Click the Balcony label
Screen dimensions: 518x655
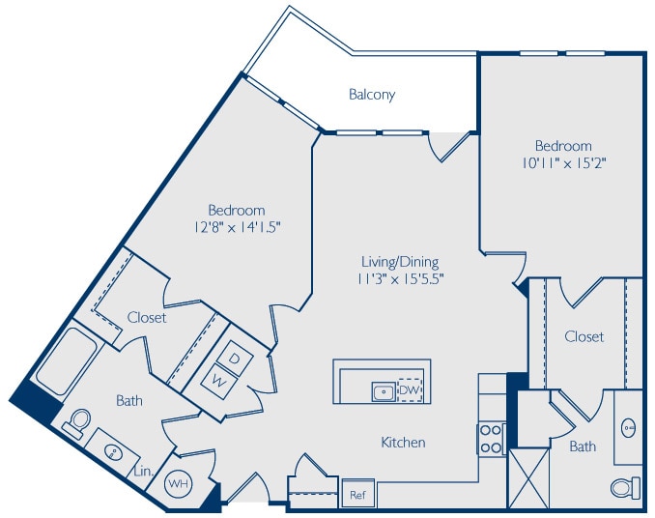coord(372,95)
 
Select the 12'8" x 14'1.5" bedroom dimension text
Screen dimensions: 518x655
coord(236,227)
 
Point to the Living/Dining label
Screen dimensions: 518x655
coord(400,261)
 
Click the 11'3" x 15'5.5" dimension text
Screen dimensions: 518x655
coord(400,278)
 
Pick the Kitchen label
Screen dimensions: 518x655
coord(403,443)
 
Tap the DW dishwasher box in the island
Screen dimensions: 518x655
coord(409,389)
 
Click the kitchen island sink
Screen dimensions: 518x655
coord(384,390)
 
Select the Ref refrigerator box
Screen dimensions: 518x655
coord(356,493)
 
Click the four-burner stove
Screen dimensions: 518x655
coord(492,439)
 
